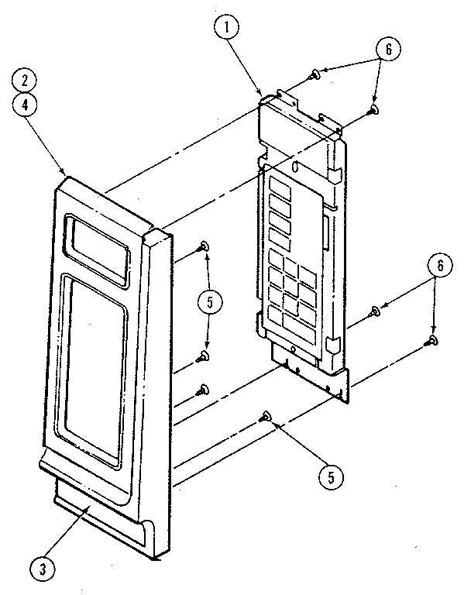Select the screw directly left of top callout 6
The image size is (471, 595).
(x=315, y=74)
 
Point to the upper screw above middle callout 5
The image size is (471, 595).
(x=204, y=246)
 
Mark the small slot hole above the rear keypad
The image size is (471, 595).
(x=294, y=166)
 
